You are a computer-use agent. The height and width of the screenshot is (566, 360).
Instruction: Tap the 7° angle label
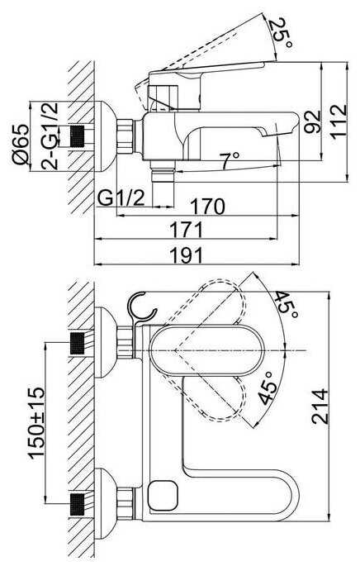[x=230, y=160]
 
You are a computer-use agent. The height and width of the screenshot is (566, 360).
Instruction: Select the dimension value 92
[x=312, y=122]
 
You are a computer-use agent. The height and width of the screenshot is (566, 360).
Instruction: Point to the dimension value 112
[x=339, y=121]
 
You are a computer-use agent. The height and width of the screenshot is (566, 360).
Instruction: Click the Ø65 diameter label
[x=20, y=145]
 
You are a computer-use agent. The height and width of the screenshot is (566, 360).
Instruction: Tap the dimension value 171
[x=187, y=230]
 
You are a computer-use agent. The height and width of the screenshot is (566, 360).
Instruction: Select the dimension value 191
[x=187, y=255]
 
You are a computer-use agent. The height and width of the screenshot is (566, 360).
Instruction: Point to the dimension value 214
[x=320, y=406]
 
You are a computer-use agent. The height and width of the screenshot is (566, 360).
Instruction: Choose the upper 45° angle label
[x=287, y=304]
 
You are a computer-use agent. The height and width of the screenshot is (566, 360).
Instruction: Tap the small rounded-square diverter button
[x=163, y=495]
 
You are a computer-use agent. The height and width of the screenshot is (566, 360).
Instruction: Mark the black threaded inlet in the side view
[x=77, y=136]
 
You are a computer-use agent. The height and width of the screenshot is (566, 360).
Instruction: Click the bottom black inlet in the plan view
[x=77, y=503]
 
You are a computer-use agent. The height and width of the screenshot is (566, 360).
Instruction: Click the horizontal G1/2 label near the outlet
[x=121, y=198]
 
